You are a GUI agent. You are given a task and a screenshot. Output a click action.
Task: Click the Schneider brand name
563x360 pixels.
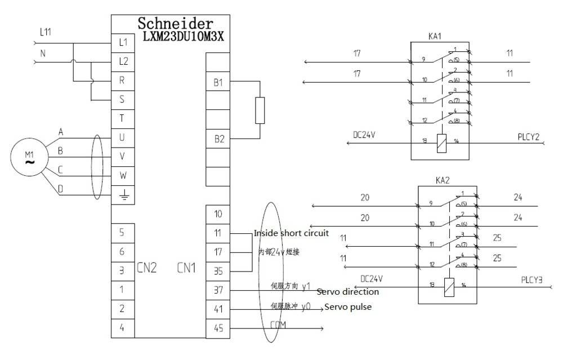point(176,24)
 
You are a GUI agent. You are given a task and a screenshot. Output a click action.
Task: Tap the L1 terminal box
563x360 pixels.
point(123,42)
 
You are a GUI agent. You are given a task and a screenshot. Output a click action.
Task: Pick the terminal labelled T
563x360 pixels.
point(123,118)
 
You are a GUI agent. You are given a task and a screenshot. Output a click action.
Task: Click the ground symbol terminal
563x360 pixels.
point(123,195)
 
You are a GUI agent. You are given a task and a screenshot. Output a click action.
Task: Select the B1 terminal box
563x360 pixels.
point(218,82)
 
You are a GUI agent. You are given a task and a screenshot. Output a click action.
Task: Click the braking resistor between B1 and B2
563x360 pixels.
point(260,110)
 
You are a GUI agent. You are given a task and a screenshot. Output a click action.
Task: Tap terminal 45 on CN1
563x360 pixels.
point(218,328)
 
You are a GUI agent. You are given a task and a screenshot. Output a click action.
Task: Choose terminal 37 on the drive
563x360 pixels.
point(218,290)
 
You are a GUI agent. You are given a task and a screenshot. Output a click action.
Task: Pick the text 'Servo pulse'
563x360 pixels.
point(348,307)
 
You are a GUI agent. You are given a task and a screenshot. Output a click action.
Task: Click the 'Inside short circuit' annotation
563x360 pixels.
point(291,233)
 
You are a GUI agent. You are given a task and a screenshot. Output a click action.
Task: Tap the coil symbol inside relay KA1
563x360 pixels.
point(441,143)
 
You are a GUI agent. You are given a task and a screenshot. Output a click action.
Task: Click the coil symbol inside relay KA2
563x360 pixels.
point(449,287)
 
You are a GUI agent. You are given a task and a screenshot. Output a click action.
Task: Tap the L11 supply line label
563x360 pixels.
point(46,33)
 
